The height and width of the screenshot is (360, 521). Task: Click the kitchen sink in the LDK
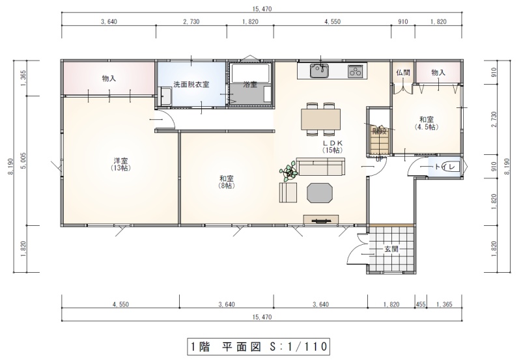(319, 71)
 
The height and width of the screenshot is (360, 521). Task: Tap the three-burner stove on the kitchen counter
(356, 71)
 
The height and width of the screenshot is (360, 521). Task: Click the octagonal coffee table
(320, 193)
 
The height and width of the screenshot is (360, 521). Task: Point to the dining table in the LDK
(320, 119)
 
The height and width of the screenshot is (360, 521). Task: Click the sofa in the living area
(320, 167)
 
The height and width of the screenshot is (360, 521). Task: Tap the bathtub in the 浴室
(251, 73)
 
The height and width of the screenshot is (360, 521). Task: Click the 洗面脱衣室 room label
(191, 85)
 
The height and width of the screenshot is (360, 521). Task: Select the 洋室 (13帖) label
(120, 164)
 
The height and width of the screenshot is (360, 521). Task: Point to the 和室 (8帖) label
(227, 182)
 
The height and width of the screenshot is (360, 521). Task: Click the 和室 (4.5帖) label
(427, 123)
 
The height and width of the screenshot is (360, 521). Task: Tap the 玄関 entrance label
(391, 249)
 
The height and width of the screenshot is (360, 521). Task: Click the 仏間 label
(403, 72)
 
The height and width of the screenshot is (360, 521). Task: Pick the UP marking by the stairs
(380, 159)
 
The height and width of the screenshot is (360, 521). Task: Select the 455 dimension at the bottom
(421, 304)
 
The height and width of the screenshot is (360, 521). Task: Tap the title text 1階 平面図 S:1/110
(258, 347)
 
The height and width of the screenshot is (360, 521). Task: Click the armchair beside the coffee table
(288, 193)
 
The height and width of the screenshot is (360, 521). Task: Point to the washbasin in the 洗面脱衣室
(165, 96)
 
